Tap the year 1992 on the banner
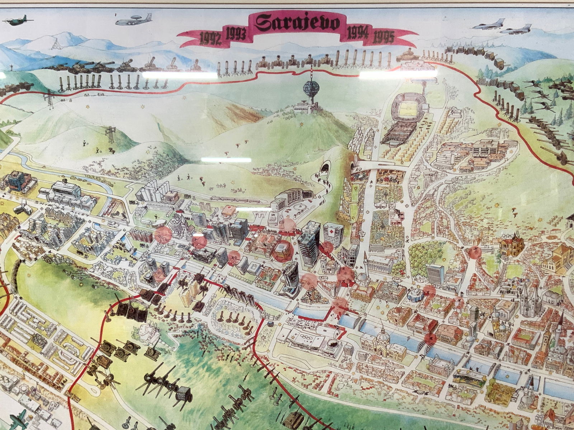point(210,38)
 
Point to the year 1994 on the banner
point(358,33)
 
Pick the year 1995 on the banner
point(384,37)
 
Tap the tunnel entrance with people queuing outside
point(326,168)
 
